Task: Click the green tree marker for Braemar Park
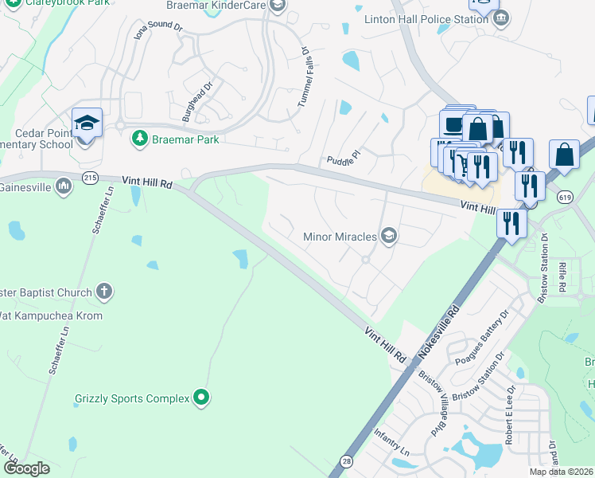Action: click(140, 138)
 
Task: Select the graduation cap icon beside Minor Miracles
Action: click(389, 235)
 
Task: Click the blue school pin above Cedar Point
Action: click(87, 123)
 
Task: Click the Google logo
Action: click(26, 468)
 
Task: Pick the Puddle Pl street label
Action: click(344, 159)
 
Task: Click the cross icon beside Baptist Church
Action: click(103, 292)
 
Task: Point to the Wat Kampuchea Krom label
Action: click(51, 315)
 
